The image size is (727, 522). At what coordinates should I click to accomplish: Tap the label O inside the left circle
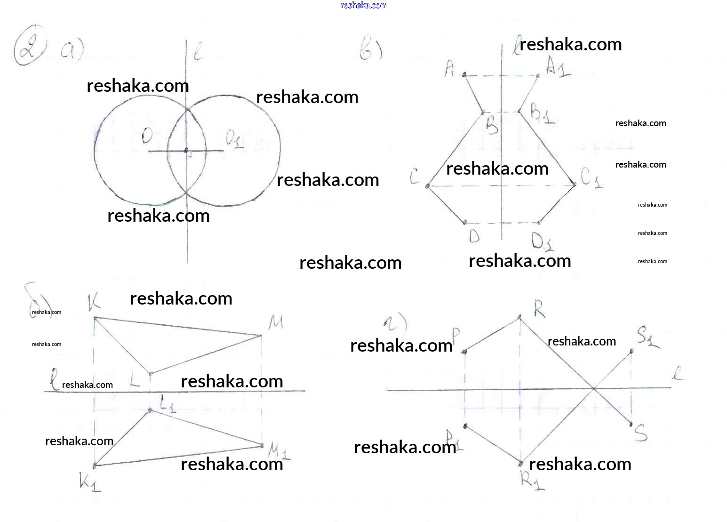tap(147, 136)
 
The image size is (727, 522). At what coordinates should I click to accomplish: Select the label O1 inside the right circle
tap(234, 139)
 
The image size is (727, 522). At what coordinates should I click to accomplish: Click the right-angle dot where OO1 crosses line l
tap(186, 151)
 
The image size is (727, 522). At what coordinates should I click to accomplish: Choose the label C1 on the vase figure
tap(591, 177)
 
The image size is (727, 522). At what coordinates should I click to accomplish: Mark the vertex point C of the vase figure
tap(427, 186)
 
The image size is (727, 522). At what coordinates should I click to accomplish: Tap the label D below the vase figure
tap(474, 236)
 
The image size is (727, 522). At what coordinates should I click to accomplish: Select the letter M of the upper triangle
tap(276, 323)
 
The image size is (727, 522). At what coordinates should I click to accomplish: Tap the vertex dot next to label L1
tap(150, 410)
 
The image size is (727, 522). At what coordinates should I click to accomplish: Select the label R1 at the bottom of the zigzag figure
tap(532, 481)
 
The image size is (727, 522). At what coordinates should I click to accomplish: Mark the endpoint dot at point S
tap(631, 425)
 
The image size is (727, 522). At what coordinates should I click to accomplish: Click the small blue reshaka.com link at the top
tap(364, 5)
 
